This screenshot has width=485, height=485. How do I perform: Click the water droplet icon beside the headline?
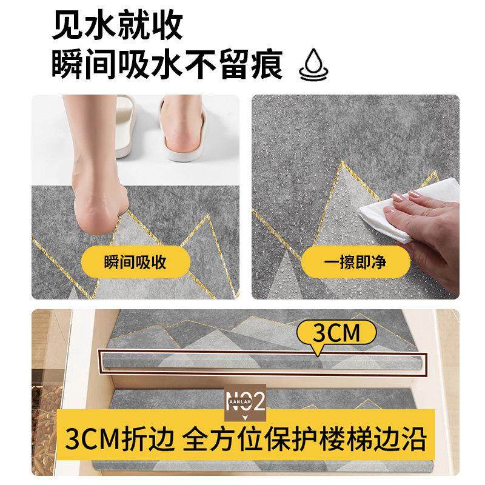(x=313, y=65)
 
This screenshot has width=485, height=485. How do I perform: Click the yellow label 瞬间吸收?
(x=135, y=263)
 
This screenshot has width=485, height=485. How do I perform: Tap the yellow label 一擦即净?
(x=364, y=263)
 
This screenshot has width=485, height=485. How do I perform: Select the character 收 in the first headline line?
(x=166, y=27)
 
